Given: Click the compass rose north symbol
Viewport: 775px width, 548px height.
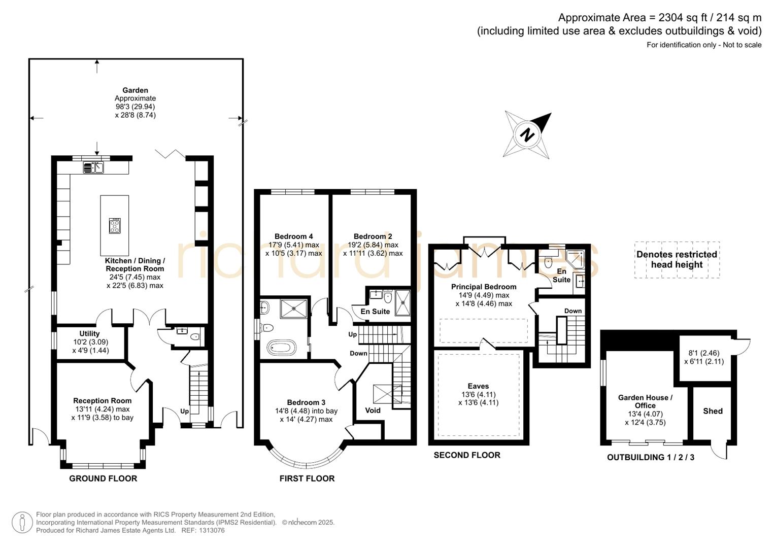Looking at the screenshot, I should [x=527, y=135].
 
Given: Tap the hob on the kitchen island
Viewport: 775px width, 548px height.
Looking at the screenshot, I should [x=115, y=225].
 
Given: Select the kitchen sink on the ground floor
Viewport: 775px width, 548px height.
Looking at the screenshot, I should [x=93, y=167].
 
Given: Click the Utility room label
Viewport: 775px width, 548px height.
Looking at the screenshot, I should [x=89, y=333].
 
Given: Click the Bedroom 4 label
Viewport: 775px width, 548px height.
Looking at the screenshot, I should [x=293, y=236].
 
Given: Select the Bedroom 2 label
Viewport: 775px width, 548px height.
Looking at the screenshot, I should [x=373, y=236].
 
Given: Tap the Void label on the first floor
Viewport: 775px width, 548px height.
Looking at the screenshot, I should [x=373, y=410].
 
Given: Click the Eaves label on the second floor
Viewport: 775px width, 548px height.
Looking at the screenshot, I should [x=478, y=386].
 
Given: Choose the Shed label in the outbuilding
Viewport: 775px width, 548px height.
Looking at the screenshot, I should [x=713, y=411].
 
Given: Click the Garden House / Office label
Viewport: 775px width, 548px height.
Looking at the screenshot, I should [x=645, y=401].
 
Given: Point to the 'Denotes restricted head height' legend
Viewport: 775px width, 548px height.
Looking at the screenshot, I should [x=677, y=260].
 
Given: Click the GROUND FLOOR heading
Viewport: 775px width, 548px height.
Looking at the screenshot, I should [x=103, y=478].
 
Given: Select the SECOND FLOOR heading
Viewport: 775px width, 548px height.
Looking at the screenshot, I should [x=467, y=455].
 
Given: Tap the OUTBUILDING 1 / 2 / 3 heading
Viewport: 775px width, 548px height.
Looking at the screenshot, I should [x=651, y=457].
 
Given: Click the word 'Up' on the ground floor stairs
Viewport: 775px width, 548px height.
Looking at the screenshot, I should [x=184, y=411].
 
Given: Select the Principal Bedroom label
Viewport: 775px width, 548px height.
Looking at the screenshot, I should [x=484, y=287].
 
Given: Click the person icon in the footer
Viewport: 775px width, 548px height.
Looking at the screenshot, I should [x=22, y=522].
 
